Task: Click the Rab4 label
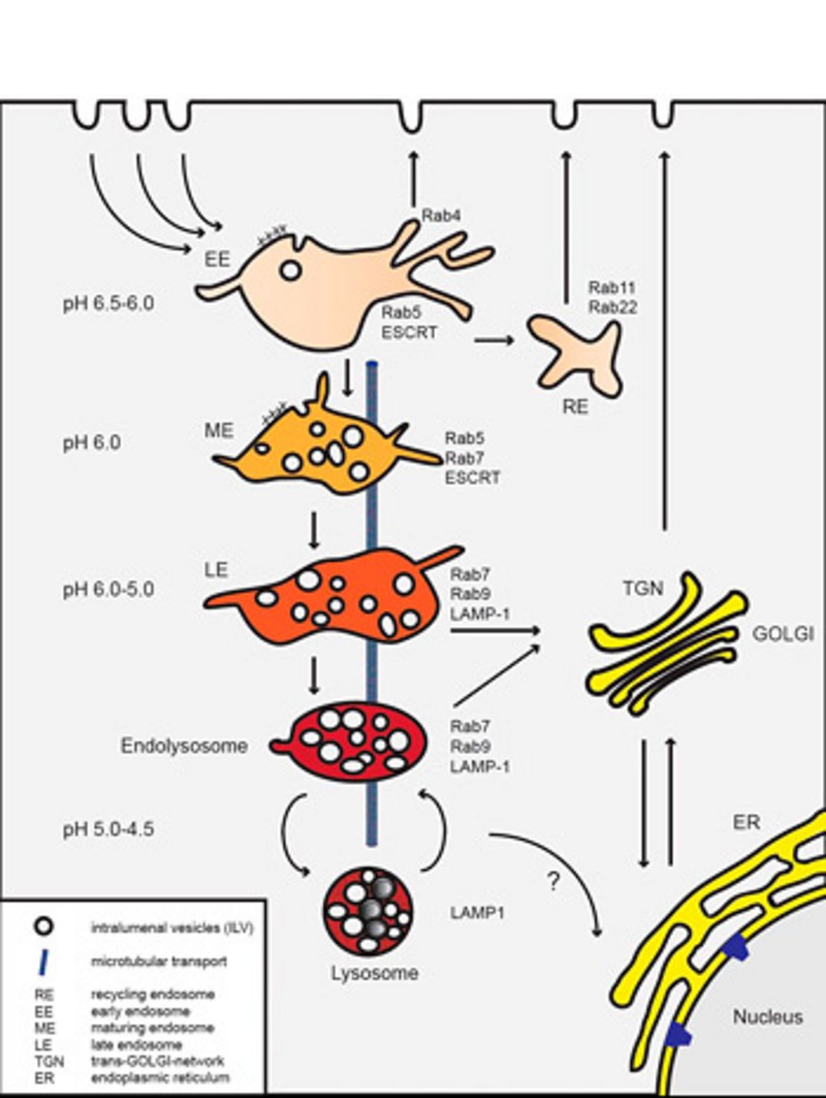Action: coord(441,215)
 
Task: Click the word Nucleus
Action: coord(767,1016)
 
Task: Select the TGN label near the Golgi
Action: coord(642,588)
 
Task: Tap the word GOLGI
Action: coord(783,633)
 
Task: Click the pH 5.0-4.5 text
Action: coord(108,829)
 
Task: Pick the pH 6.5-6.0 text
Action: coord(108,303)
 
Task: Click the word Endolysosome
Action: coord(184,746)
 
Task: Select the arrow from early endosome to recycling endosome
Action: coord(494,339)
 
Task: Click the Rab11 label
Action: coord(612,288)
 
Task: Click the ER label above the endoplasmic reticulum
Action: coord(746,822)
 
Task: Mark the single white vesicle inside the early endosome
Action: coord(291,271)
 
